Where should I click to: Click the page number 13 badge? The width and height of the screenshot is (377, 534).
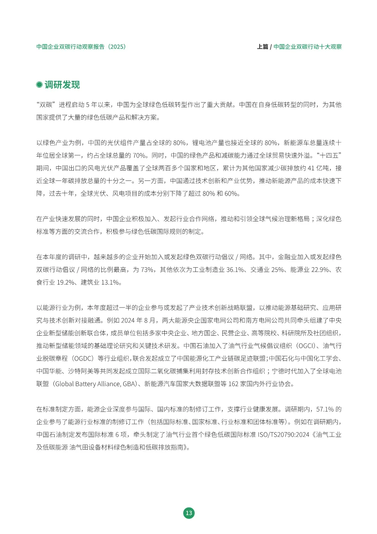click(188, 513)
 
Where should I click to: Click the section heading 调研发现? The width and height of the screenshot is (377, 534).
click(62, 85)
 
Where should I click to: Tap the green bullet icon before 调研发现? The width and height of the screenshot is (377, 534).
click(39, 85)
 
